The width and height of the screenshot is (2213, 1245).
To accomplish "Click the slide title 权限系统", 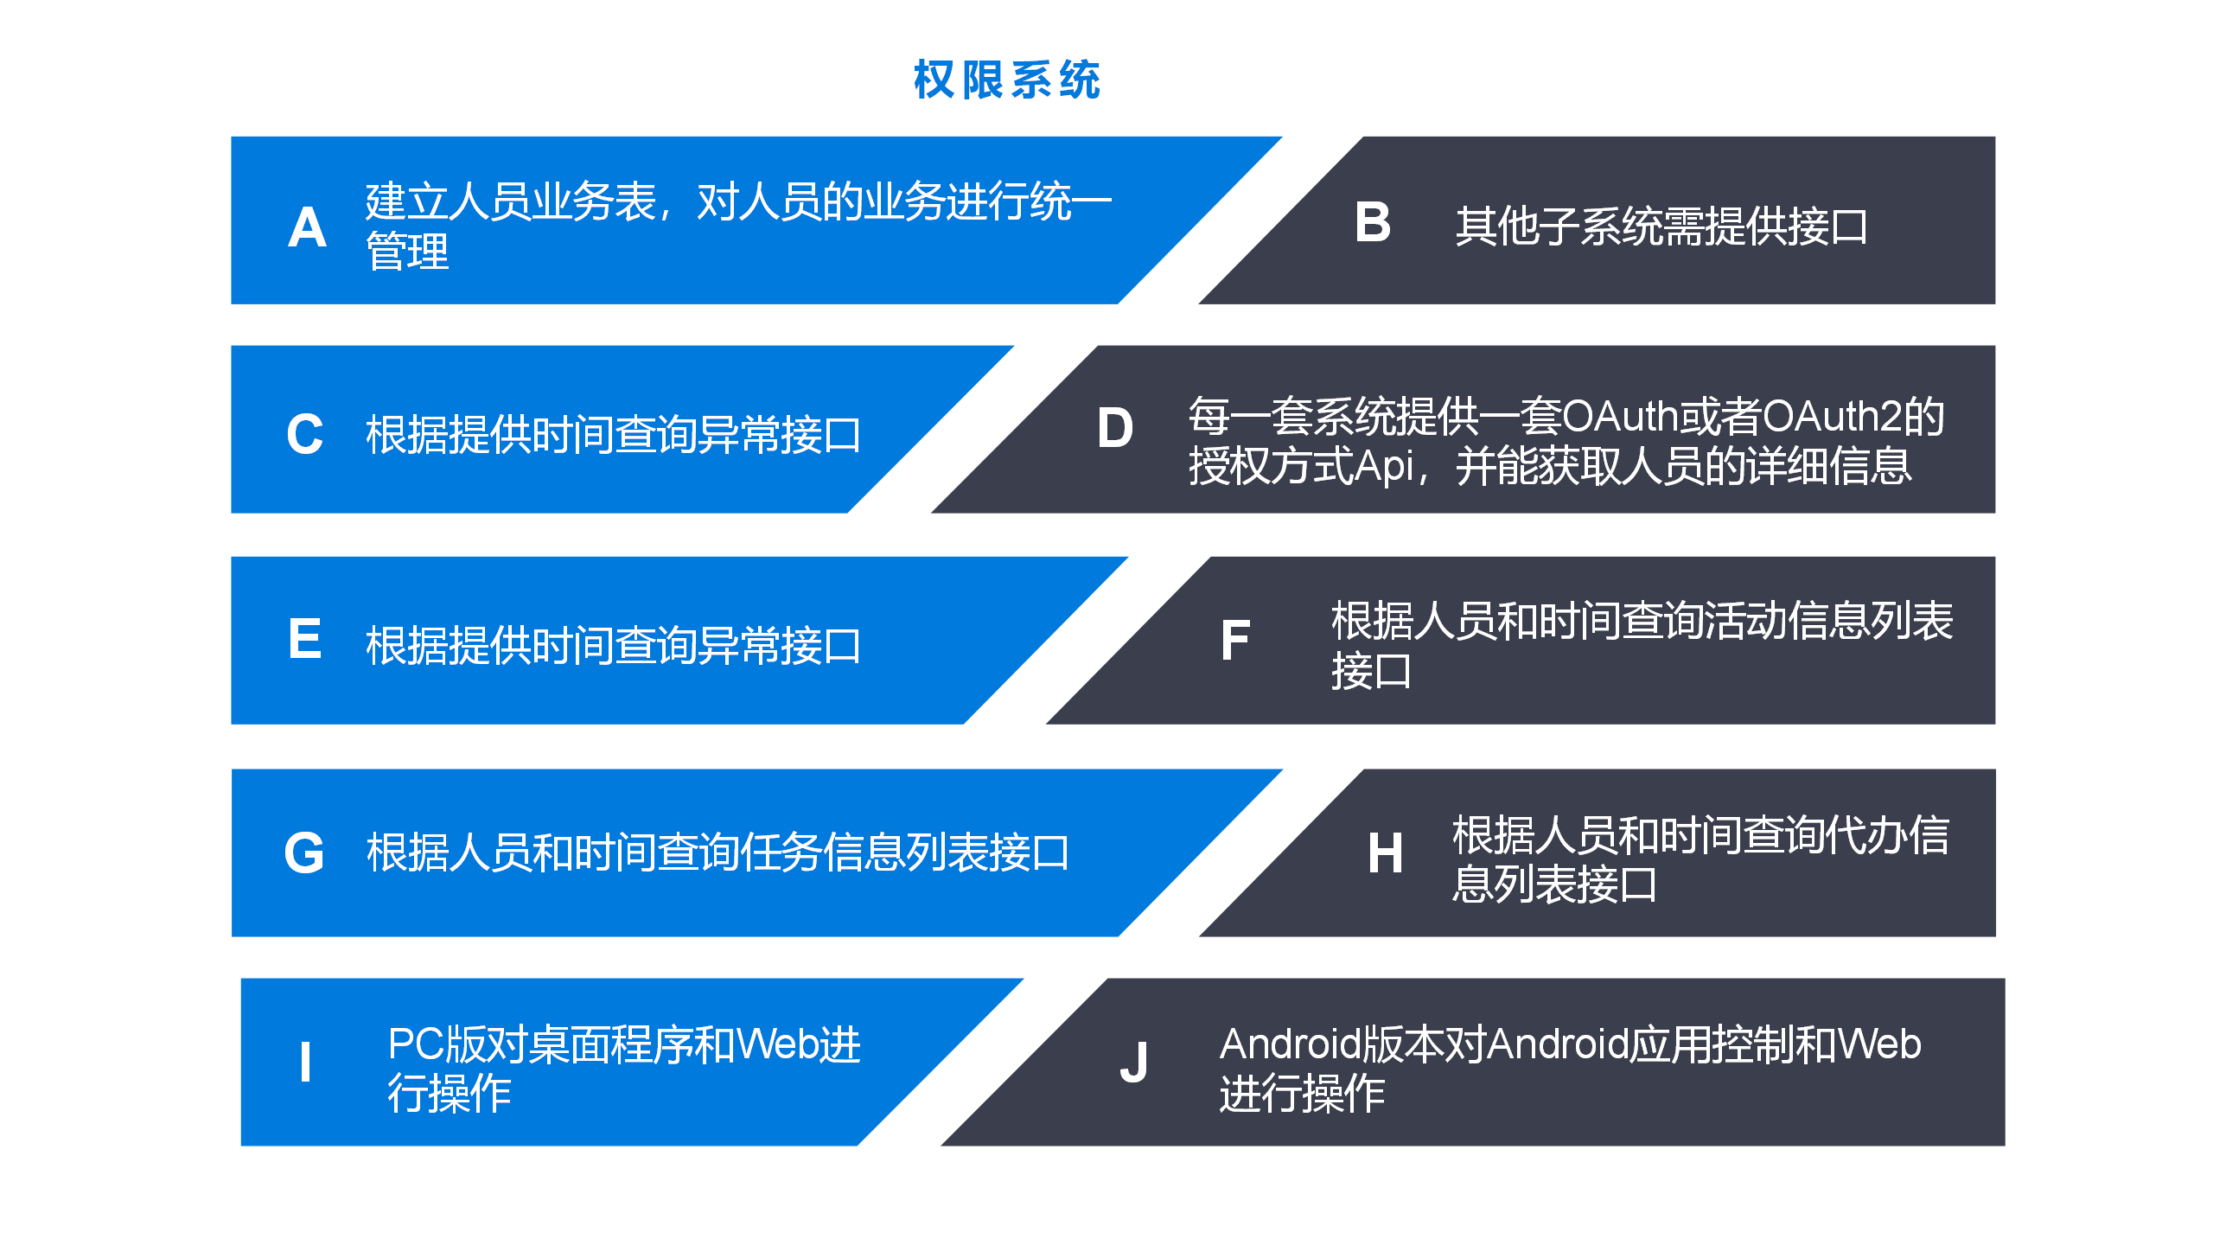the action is click(1007, 80).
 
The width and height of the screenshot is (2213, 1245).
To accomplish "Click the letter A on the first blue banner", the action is click(307, 228).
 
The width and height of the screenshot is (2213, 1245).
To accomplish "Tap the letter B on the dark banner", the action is click(1373, 222).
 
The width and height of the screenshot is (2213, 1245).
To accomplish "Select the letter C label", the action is click(305, 434).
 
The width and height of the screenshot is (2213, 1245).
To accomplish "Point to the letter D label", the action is click(1114, 428).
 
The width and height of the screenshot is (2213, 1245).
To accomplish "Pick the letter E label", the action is click(305, 639).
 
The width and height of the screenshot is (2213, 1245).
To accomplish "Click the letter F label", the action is click(1235, 641).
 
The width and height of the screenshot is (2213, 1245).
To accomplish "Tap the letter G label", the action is click(304, 853).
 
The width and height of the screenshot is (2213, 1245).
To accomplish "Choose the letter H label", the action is click(1385, 853).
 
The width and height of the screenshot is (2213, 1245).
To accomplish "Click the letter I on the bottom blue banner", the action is click(305, 1062).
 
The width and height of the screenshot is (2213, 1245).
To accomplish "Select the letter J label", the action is click(1133, 1063).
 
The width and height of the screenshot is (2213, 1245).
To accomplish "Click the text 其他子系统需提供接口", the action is click(1661, 227).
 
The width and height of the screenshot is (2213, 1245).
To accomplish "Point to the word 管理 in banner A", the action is click(407, 252).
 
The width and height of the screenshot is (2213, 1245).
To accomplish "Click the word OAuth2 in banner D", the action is click(1832, 417).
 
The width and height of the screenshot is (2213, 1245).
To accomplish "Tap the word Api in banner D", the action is click(1383, 467).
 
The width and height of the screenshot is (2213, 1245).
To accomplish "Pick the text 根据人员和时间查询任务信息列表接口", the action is click(717, 852).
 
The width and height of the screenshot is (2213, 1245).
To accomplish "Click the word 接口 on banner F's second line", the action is click(1371, 671).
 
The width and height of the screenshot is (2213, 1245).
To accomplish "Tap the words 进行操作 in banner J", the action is click(1302, 1094).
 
